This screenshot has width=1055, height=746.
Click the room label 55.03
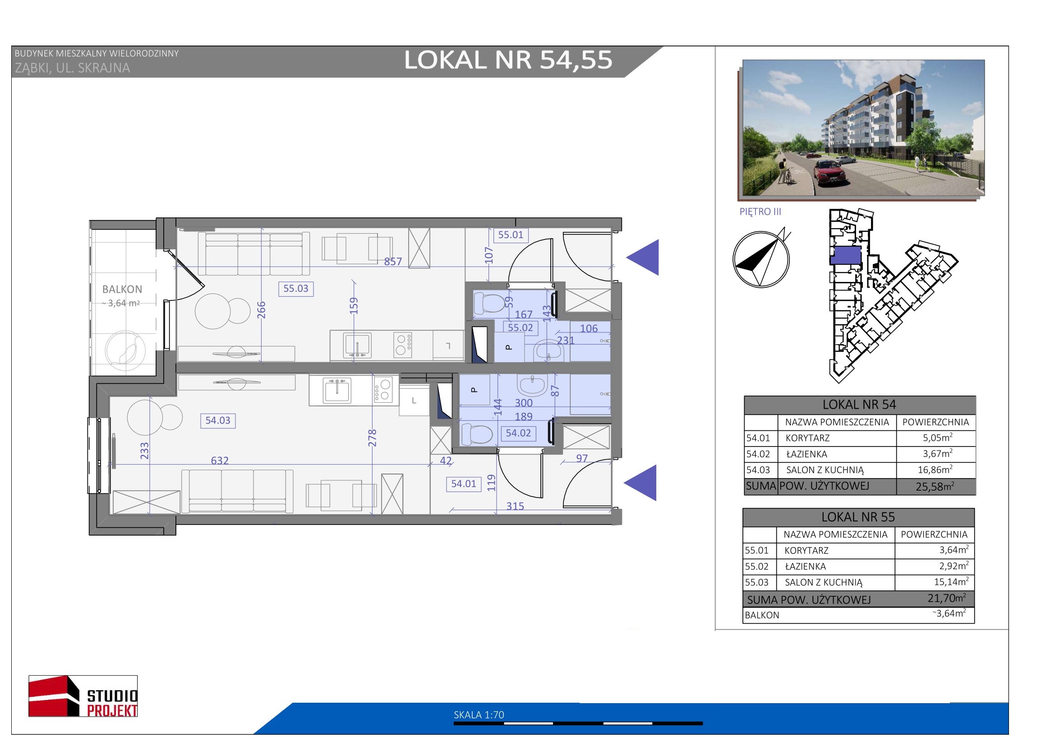tap(295, 289)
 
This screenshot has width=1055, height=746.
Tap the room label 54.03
tap(218, 420)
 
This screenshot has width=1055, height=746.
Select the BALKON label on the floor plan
tap(122, 290)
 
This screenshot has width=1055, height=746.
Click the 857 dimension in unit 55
tap(393, 262)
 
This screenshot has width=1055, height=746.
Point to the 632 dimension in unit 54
tap(220, 460)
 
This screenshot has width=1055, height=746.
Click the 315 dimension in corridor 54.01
tap(515, 506)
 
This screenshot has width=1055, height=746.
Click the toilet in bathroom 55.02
tap(489, 303)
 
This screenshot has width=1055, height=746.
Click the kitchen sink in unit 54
tap(337, 391)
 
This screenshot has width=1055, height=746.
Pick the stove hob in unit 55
tap(402, 345)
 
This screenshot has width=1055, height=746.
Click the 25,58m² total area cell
tap(935, 487)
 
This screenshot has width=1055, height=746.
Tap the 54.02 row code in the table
tap(758, 454)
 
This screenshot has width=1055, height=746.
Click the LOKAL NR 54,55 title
tap(508, 60)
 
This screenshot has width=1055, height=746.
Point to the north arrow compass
tap(761, 259)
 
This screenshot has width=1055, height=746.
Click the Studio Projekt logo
tap(83, 696)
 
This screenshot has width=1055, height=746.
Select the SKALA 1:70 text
tap(479, 715)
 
